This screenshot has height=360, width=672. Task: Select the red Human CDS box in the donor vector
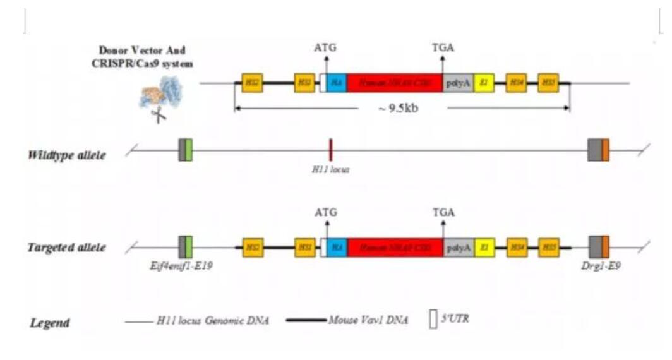395,83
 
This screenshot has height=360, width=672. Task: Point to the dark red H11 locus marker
330,150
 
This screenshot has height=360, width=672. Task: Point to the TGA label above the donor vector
442,47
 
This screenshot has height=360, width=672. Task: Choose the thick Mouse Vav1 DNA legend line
307,321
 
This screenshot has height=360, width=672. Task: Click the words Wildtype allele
67,155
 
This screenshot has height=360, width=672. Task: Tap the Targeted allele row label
66,248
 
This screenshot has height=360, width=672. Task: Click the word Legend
50,323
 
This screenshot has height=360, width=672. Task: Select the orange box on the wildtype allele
605,150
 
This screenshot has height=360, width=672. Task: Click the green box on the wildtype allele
189,150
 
